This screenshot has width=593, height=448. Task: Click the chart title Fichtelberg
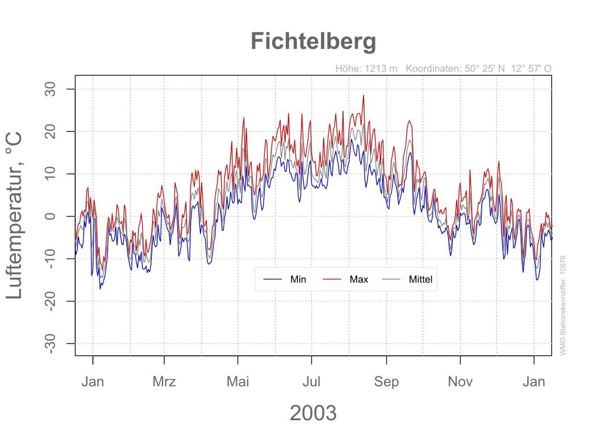point(313,42)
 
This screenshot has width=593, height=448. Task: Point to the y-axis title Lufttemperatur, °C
point(15,215)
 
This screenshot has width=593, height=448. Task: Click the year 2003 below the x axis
point(313,413)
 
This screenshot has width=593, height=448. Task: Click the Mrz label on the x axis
point(164,381)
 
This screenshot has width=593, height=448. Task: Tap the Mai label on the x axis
point(238,381)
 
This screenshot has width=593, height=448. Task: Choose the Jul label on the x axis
point(311,381)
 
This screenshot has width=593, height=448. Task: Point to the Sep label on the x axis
point(386,381)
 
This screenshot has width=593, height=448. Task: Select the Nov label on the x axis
point(460,381)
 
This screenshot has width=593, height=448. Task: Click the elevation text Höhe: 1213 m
point(366,69)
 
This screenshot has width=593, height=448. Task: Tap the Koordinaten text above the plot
point(478,69)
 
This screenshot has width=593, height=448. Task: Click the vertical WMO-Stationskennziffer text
point(563,305)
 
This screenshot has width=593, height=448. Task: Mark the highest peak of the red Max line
point(364,96)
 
